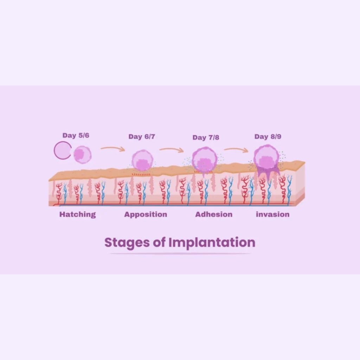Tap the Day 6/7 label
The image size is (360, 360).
tap(141, 136)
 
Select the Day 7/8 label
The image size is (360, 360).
tap(206, 137)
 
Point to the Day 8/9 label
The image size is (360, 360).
tap(268, 136)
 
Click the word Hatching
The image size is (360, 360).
tap(77, 214)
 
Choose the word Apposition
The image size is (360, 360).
tap(146, 214)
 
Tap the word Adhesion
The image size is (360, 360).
tap(214, 214)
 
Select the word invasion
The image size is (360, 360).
tap(272, 214)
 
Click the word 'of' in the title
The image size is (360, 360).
tap(159, 243)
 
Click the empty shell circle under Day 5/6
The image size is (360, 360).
tap(63, 150)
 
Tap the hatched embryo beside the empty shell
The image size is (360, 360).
tap(83, 155)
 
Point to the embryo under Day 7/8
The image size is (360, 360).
tap(205, 160)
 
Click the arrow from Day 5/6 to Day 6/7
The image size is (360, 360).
tap(112, 149)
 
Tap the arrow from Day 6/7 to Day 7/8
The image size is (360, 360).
tap(171, 150)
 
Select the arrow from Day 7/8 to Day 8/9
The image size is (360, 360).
tap(236, 149)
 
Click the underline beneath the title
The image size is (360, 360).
tap(180, 253)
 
